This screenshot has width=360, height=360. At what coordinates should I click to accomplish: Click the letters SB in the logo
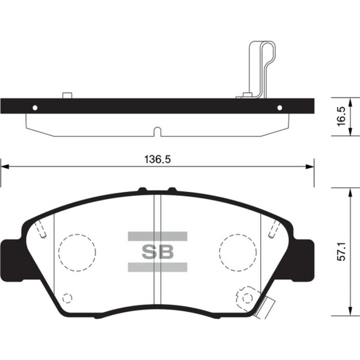tap(157, 252)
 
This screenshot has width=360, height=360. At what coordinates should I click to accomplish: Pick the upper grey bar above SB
tap(157, 237)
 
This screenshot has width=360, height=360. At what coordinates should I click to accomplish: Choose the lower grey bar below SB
tap(157, 267)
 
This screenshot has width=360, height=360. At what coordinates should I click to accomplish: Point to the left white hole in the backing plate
tap(35, 107)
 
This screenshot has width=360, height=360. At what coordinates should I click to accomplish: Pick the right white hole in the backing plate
tap(280, 107)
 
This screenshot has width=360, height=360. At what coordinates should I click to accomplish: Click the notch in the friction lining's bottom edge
tap(157, 132)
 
